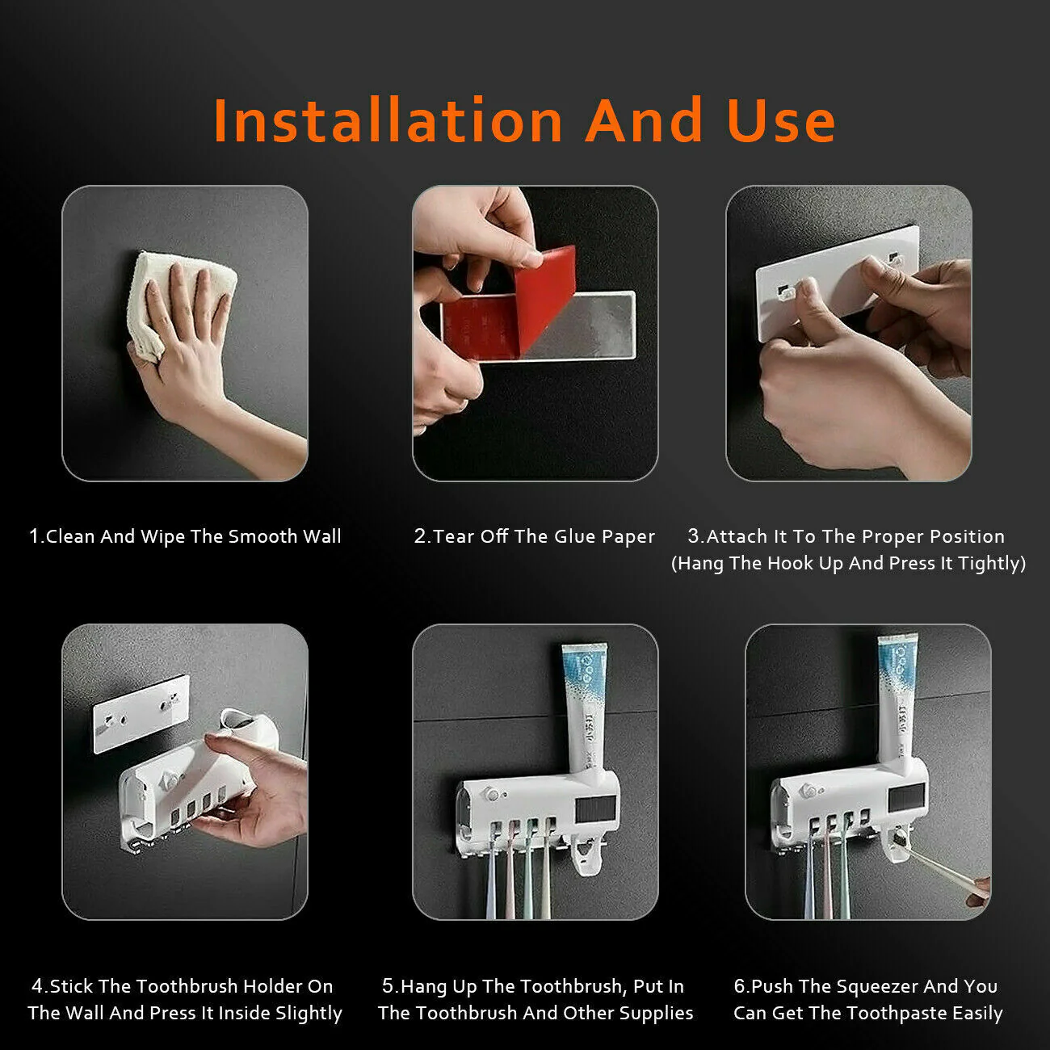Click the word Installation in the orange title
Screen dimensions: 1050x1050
tap(388, 120)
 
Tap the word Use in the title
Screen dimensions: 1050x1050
tap(781, 120)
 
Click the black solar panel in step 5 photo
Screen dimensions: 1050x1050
tap(595, 812)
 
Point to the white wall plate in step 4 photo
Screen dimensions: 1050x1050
tap(141, 714)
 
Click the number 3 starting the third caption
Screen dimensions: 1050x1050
tap(693, 536)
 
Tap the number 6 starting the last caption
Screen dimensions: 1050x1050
tap(739, 986)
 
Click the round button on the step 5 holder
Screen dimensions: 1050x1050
tap(493, 794)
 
